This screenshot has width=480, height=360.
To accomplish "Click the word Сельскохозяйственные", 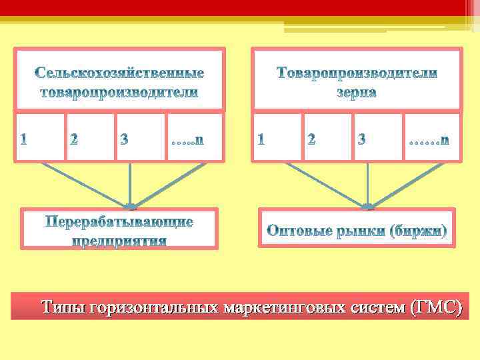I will pos(119,72).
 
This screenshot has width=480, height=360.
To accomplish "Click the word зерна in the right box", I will pos(357,93).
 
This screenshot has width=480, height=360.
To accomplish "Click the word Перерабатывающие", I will pos(119,221).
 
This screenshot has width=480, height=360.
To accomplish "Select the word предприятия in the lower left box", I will pos(119,239).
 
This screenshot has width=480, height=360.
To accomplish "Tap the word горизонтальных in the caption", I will pos(155,307).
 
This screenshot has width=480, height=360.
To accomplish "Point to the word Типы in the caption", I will pos(63,307).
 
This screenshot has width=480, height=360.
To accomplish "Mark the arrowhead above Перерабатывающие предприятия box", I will pos(130,206).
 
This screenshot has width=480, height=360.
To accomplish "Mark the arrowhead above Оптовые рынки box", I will pos(367,206).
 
